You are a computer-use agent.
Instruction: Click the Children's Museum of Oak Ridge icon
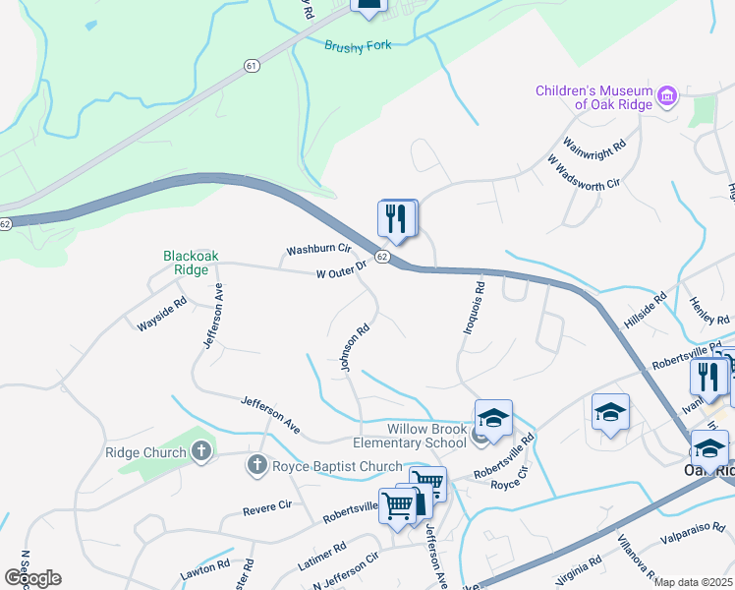668,96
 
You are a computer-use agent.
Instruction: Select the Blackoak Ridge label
191,263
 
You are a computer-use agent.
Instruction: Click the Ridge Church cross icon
200,452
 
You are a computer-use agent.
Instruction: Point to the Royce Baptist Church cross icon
257,466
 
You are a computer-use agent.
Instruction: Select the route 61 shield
253,66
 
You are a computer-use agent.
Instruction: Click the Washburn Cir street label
318,251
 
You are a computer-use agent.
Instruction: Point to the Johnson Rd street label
356,348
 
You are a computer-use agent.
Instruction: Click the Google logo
32,577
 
